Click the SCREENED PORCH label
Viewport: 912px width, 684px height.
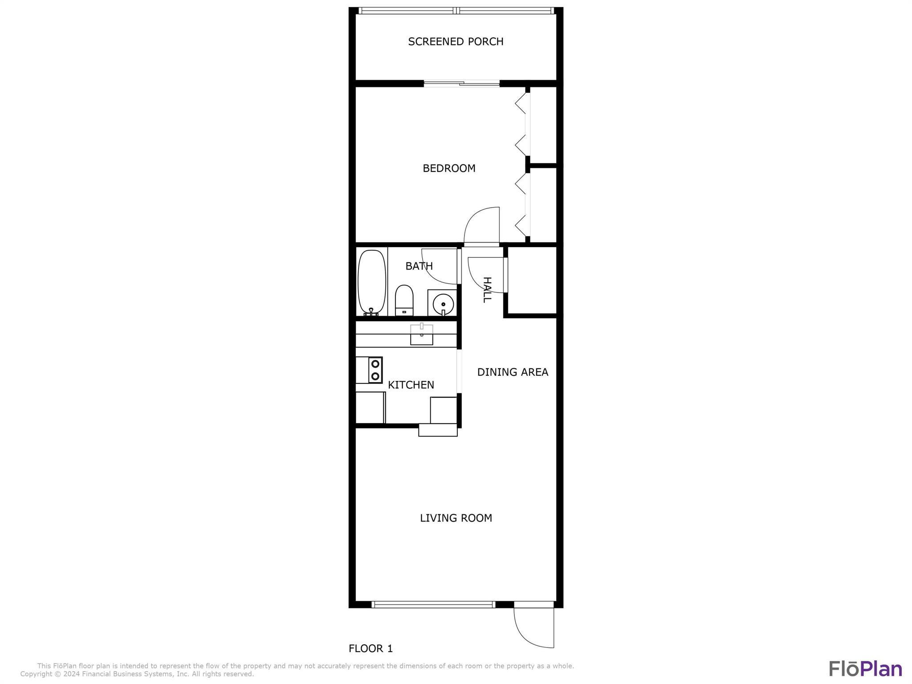point(456,41)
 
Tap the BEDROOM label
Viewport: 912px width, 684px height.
point(449,168)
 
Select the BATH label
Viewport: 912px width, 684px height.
point(419,266)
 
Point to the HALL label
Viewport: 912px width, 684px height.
point(487,289)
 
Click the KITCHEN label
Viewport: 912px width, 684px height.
point(411,385)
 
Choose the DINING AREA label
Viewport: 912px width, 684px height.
point(513,372)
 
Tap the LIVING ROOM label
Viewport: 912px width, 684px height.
point(456,518)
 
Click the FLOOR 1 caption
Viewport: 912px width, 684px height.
point(370,648)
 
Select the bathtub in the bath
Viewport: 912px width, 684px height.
point(372,282)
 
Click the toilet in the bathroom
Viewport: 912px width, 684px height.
point(404,300)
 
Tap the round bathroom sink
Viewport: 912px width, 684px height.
point(443,304)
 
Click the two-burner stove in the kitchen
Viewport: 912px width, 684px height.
point(375,370)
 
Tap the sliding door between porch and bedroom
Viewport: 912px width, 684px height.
point(461,83)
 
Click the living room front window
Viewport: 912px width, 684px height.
point(433,604)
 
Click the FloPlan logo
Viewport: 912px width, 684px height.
point(865,668)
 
